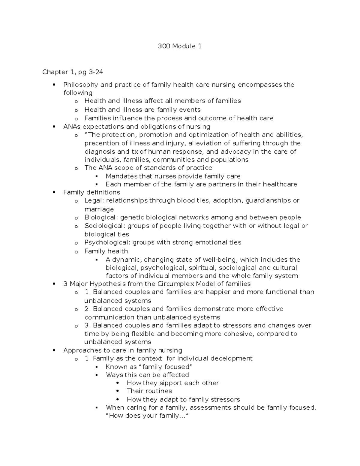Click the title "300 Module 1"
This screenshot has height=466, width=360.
[180, 46]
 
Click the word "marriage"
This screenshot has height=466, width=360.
[99, 209]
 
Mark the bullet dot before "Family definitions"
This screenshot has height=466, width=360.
[54, 192]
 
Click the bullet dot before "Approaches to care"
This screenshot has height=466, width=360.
[54, 350]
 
